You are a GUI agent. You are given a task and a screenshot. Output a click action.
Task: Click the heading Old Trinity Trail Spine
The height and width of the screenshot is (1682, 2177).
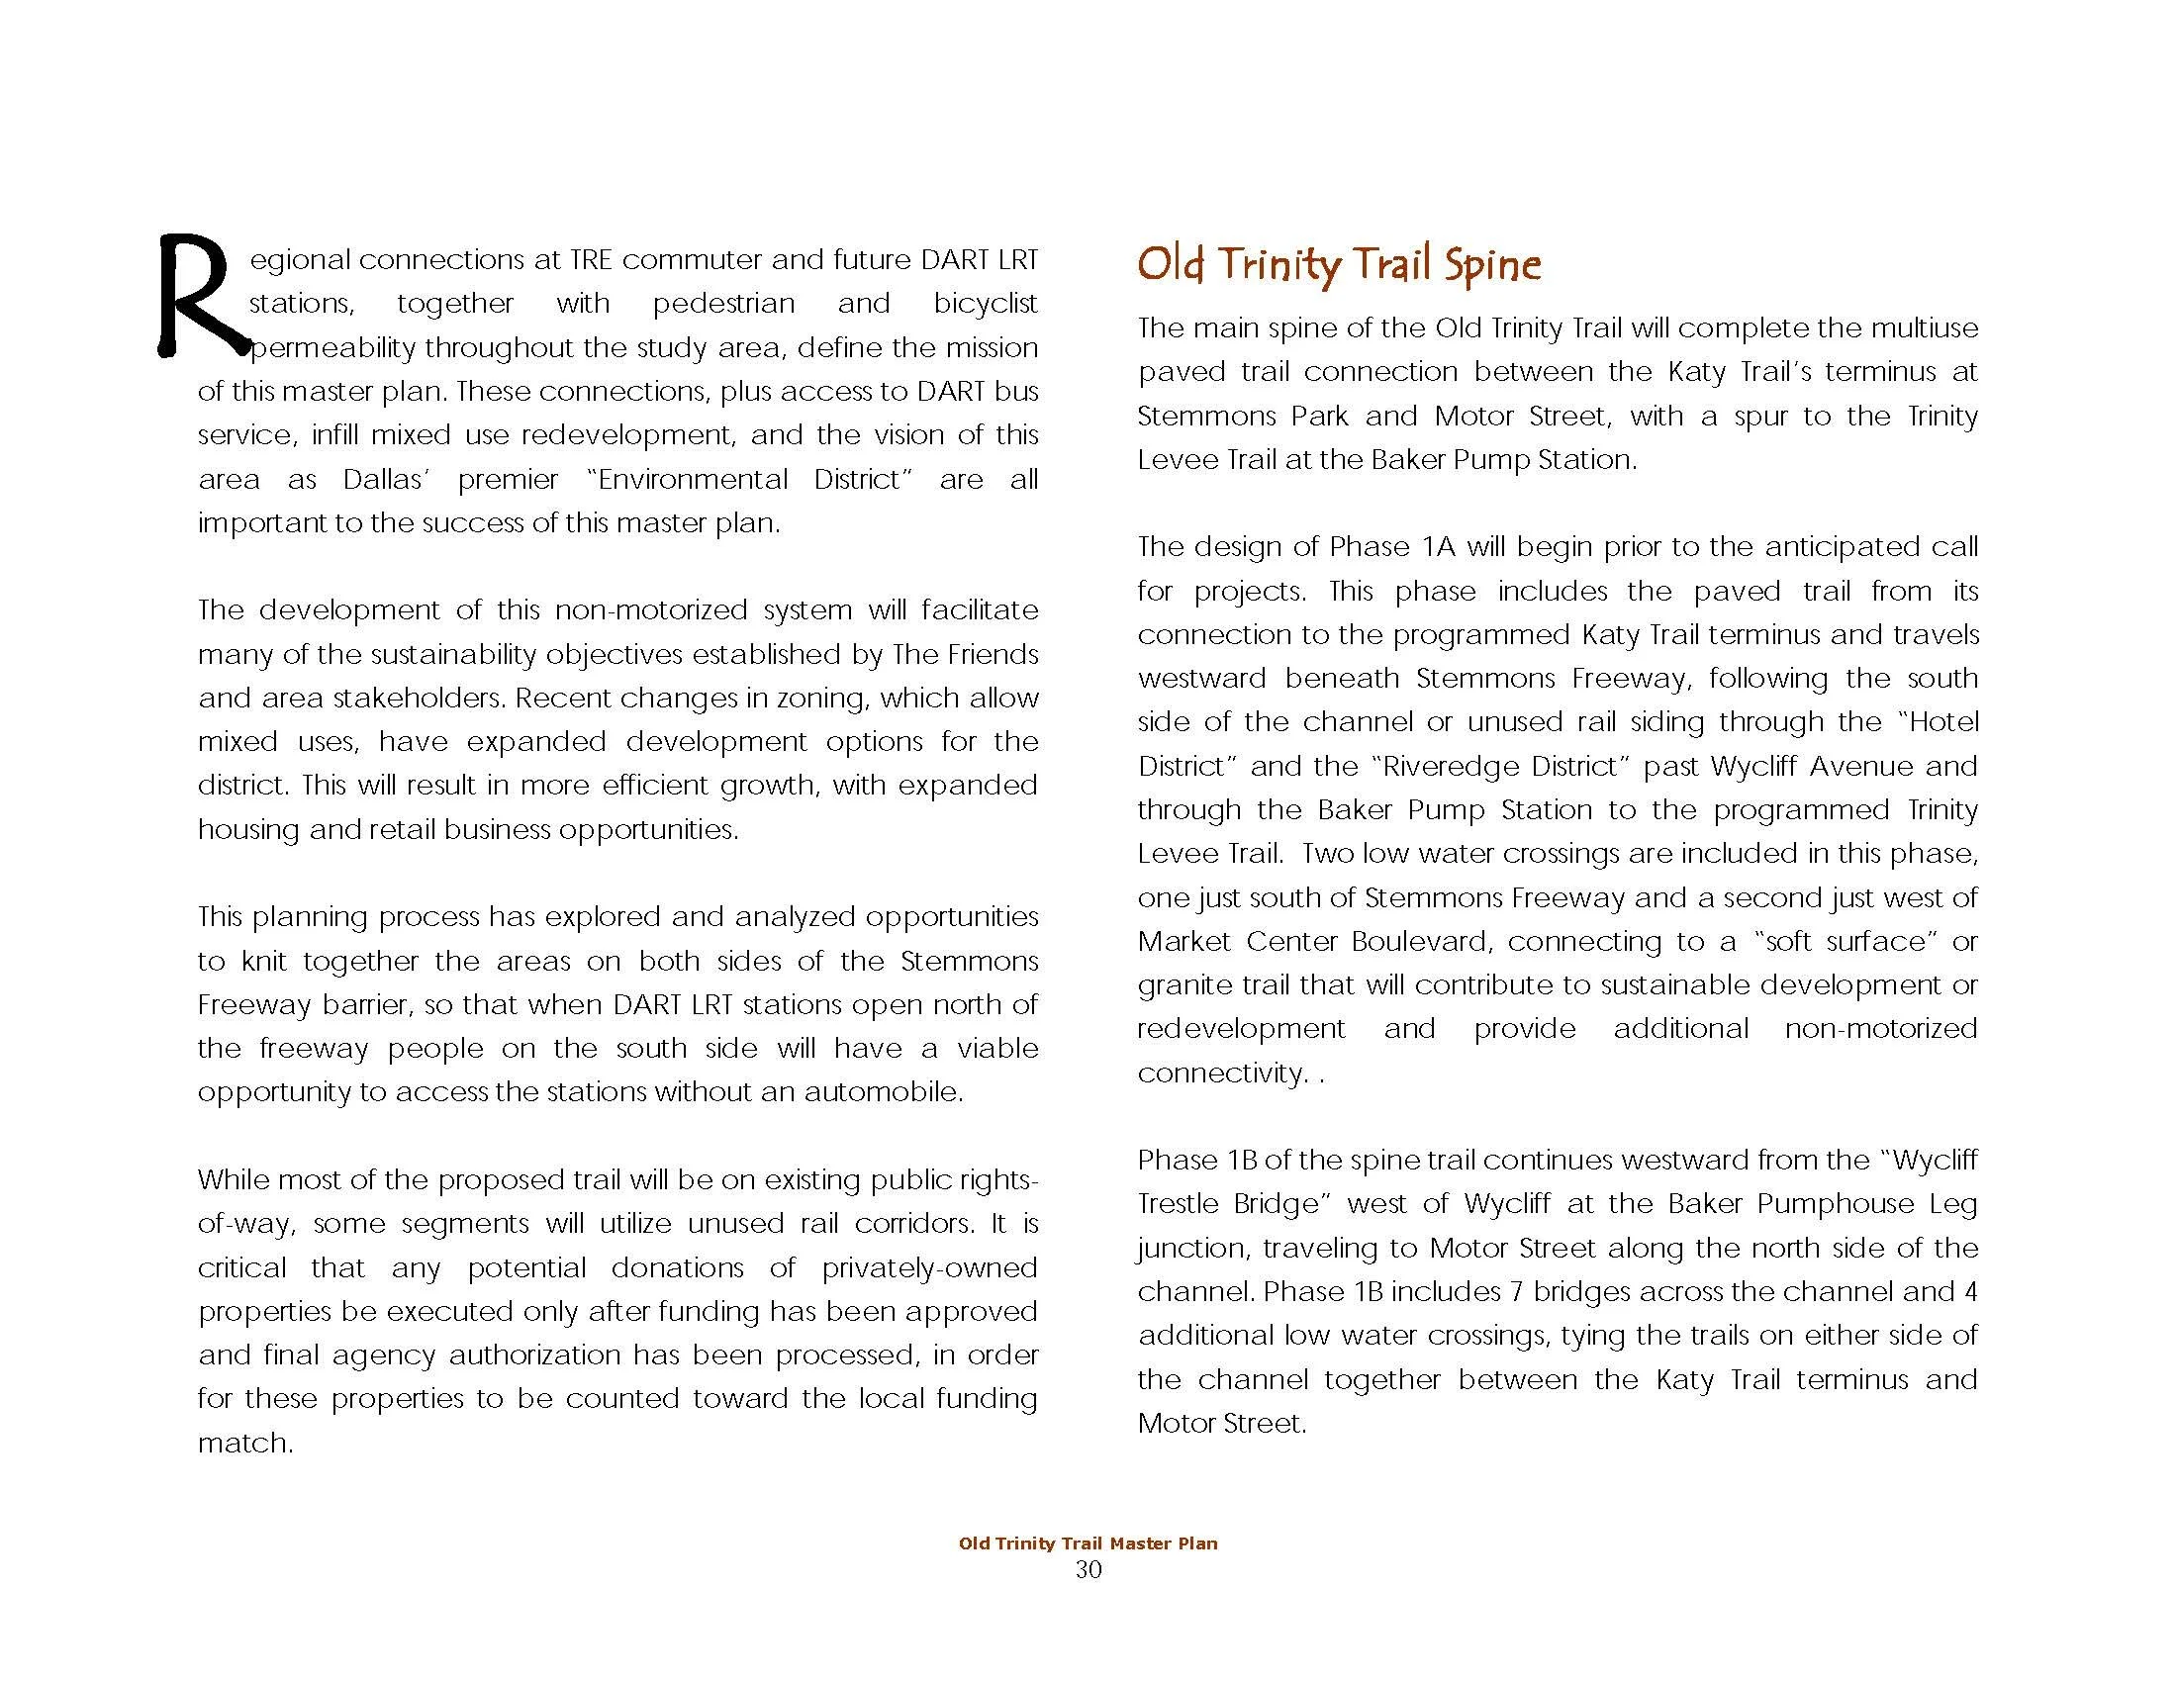1339,265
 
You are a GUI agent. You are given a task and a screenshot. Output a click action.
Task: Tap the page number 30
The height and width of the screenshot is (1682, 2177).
1088,1570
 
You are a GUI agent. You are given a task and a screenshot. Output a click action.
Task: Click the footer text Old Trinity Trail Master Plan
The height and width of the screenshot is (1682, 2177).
1088,1543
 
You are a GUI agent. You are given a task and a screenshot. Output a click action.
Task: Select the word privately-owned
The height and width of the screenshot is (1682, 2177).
929,1267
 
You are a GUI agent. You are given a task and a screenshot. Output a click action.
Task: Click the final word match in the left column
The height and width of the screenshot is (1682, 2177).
243,1443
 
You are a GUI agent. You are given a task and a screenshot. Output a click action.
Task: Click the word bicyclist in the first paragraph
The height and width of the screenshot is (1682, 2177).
985,304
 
